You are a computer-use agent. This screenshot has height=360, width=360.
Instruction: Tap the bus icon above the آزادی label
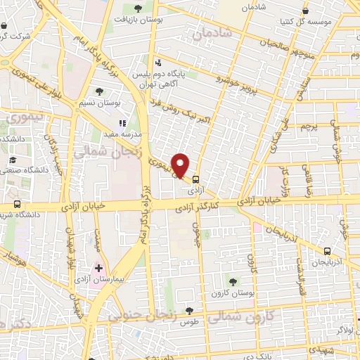tap(196, 179)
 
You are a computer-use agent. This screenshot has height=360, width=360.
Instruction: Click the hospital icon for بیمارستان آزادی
tap(98, 269)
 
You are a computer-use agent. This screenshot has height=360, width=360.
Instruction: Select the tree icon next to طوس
tap(188, 309)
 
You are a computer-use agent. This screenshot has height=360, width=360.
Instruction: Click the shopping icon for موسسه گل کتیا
tap(304, 11)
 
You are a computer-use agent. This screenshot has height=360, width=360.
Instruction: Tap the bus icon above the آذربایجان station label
tap(327, 250)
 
